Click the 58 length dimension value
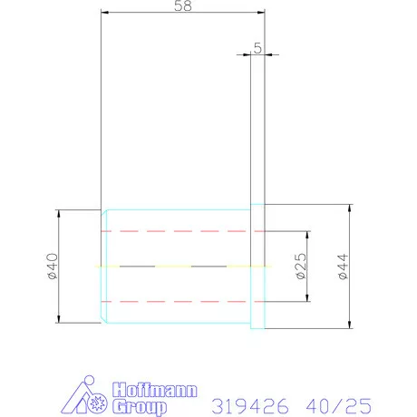(x=183, y=5)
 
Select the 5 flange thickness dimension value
(x=257, y=48)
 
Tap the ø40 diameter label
(x=53, y=267)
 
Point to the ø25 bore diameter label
(x=301, y=267)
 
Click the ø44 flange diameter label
(x=343, y=267)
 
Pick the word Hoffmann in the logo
(x=155, y=390)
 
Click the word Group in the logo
(x=140, y=406)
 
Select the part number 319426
(x=250, y=406)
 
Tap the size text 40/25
(x=339, y=406)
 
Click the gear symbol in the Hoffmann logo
(x=97, y=403)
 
